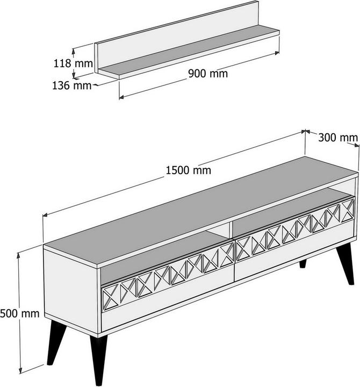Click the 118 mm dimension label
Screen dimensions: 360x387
[x=73, y=63]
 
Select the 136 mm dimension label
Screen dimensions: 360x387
[x=72, y=85]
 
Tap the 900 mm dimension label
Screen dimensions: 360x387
[x=208, y=74]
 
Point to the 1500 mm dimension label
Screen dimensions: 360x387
[x=188, y=170]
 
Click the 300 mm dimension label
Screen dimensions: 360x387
[x=338, y=138]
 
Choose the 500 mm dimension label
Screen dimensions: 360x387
[x=20, y=313]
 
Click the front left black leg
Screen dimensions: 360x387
[x=99, y=360]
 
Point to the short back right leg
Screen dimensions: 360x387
[x=303, y=263]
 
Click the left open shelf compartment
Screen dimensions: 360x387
[x=163, y=257]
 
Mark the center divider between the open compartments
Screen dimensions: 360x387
[x=231, y=230]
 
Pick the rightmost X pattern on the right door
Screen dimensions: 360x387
[x=348, y=210]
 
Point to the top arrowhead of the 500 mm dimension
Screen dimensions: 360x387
[x=18, y=255]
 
